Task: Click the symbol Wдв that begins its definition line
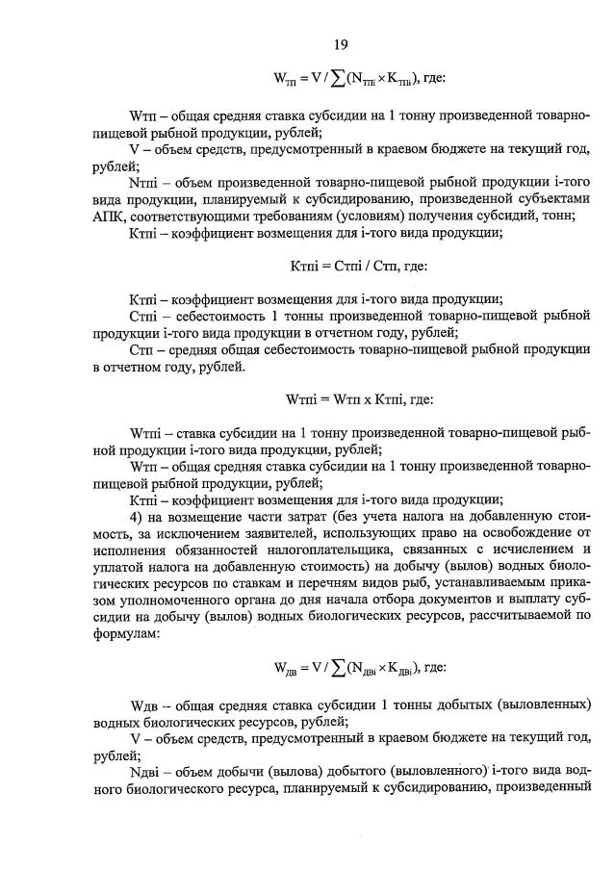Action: point(145,702)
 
